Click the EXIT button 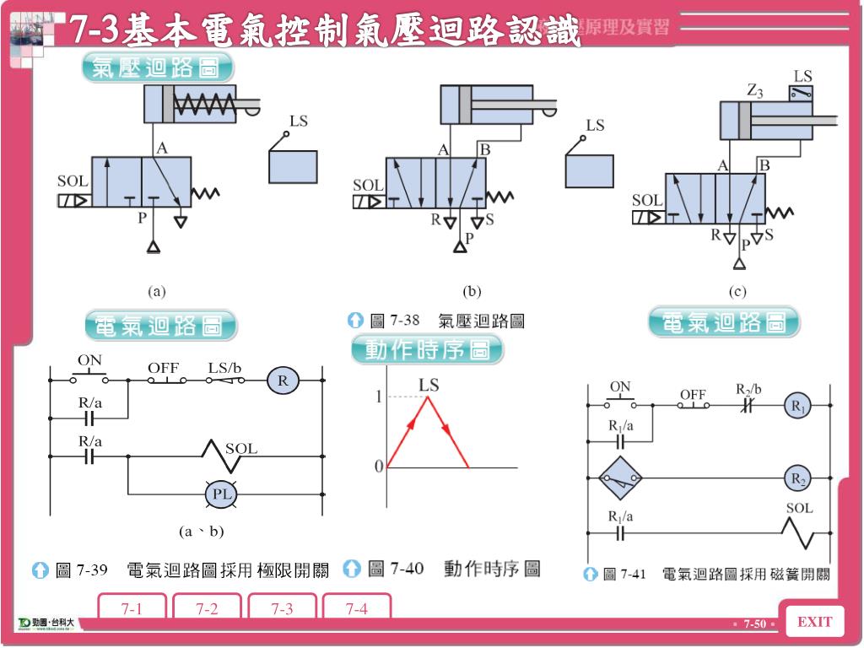pos(814,623)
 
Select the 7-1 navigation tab pos(131,608)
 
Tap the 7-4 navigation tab pos(356,608)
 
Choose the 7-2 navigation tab pos(207,608)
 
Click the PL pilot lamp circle pos(222,494)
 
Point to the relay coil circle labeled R pos(283,381)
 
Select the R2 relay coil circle pos(796,478)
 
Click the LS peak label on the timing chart pos(429,385)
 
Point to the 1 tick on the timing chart pos(379,397)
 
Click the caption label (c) pos(737,292)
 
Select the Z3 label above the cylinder pos(754,91)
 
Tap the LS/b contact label pos(225,368)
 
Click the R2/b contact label pos(748,389)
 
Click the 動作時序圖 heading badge pos(428,349)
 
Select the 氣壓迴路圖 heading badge pos(158,68)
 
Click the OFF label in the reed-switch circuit pos(693,394)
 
